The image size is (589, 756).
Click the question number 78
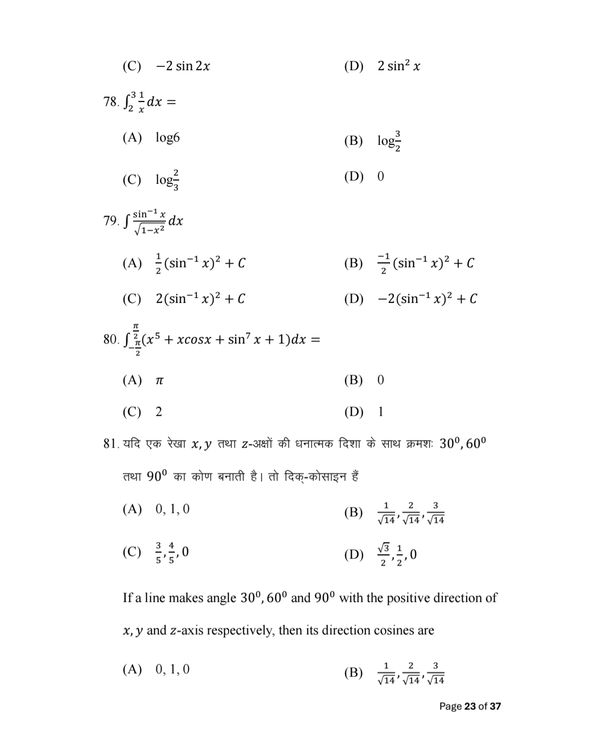(110, 102)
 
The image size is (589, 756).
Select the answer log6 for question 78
(168, 137)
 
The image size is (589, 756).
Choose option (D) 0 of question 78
(380, 176)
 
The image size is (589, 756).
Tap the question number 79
(110, 221)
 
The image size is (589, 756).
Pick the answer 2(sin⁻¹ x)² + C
(200, 299)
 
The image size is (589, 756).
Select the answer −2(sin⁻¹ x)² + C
(427, 299)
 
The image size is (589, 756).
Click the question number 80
(110, 339)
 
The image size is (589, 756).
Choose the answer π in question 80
(159, 380)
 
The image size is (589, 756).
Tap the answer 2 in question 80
(159, 412)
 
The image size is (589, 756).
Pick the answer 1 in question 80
(380, 412)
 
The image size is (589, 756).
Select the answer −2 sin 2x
(183, 66)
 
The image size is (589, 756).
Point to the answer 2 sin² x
(399, 66)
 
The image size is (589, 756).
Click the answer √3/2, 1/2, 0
(397, 555)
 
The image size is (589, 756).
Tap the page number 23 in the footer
(470, 706)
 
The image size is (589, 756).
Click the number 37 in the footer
(495, 706)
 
